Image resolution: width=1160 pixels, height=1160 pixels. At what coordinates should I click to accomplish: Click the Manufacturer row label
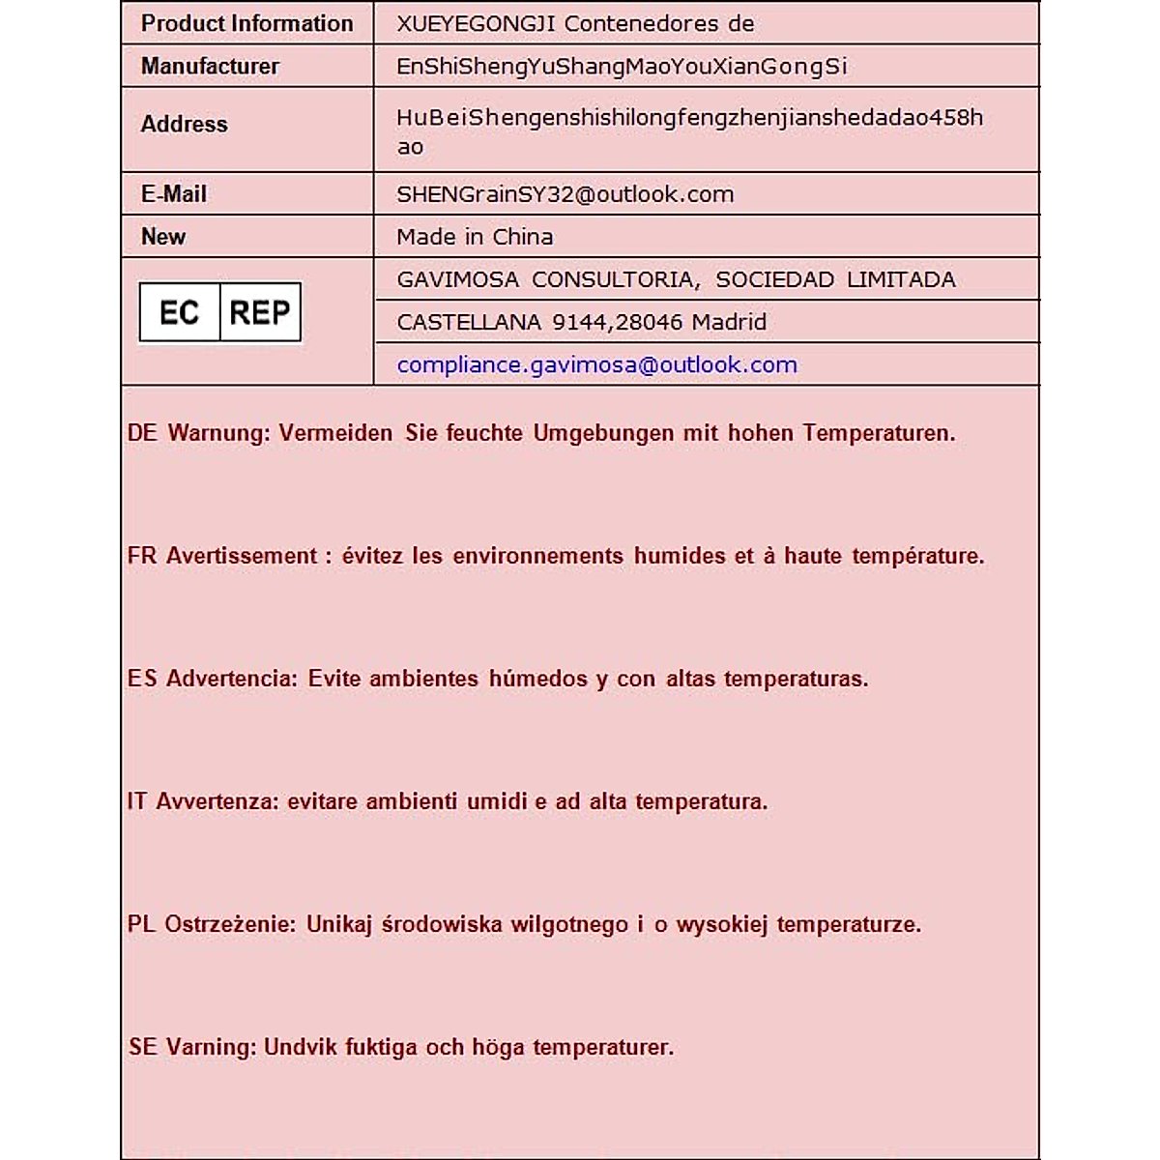pos(210,67)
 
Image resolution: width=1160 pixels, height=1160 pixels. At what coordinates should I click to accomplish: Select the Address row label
pos(184,125)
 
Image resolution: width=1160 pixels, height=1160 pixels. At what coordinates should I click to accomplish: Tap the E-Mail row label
pos(174,194)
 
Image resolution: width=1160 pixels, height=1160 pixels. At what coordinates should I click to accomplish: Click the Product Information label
pos(246,24)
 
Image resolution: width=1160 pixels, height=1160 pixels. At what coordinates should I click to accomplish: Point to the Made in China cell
pos(475,237)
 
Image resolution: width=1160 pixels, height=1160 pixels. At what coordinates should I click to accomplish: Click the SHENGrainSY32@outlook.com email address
pos(565,194)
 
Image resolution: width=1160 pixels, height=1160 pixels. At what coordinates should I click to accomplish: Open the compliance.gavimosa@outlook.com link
pos(596,365)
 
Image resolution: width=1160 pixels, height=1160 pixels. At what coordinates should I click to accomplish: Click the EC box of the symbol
pos(180,313)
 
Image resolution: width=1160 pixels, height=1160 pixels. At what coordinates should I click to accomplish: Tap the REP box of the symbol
pos(260,313)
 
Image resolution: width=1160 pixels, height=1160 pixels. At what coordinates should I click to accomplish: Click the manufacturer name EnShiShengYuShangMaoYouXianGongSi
pos(622,67)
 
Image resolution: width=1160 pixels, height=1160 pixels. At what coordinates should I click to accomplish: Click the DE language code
pos(142,433)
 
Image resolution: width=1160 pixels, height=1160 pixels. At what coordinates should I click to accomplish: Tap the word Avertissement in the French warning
pos(242,556)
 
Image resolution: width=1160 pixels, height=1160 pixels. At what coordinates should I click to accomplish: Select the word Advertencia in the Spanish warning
pos(232,679)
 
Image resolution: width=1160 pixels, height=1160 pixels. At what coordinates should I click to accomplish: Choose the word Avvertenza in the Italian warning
pos(217,801)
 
